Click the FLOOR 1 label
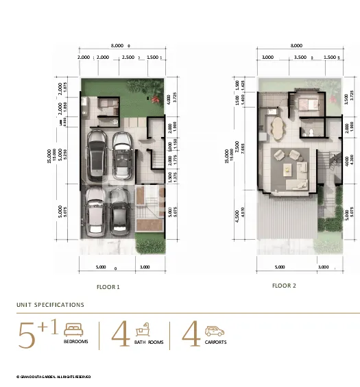pyautogui.click(x=108, y=287)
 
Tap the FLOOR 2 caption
pyautogui.click(x=284, y=285)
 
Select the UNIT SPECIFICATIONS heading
pyautogui.click(x=50, y=305)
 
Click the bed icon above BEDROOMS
pyautogui.click(x=73, y=329)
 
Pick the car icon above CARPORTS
pyautogui.click(x=213, y=329)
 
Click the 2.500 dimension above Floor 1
pyautogui.click(x=128, y=58)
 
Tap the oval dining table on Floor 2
pyautogui.click(x=278, y=129)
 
